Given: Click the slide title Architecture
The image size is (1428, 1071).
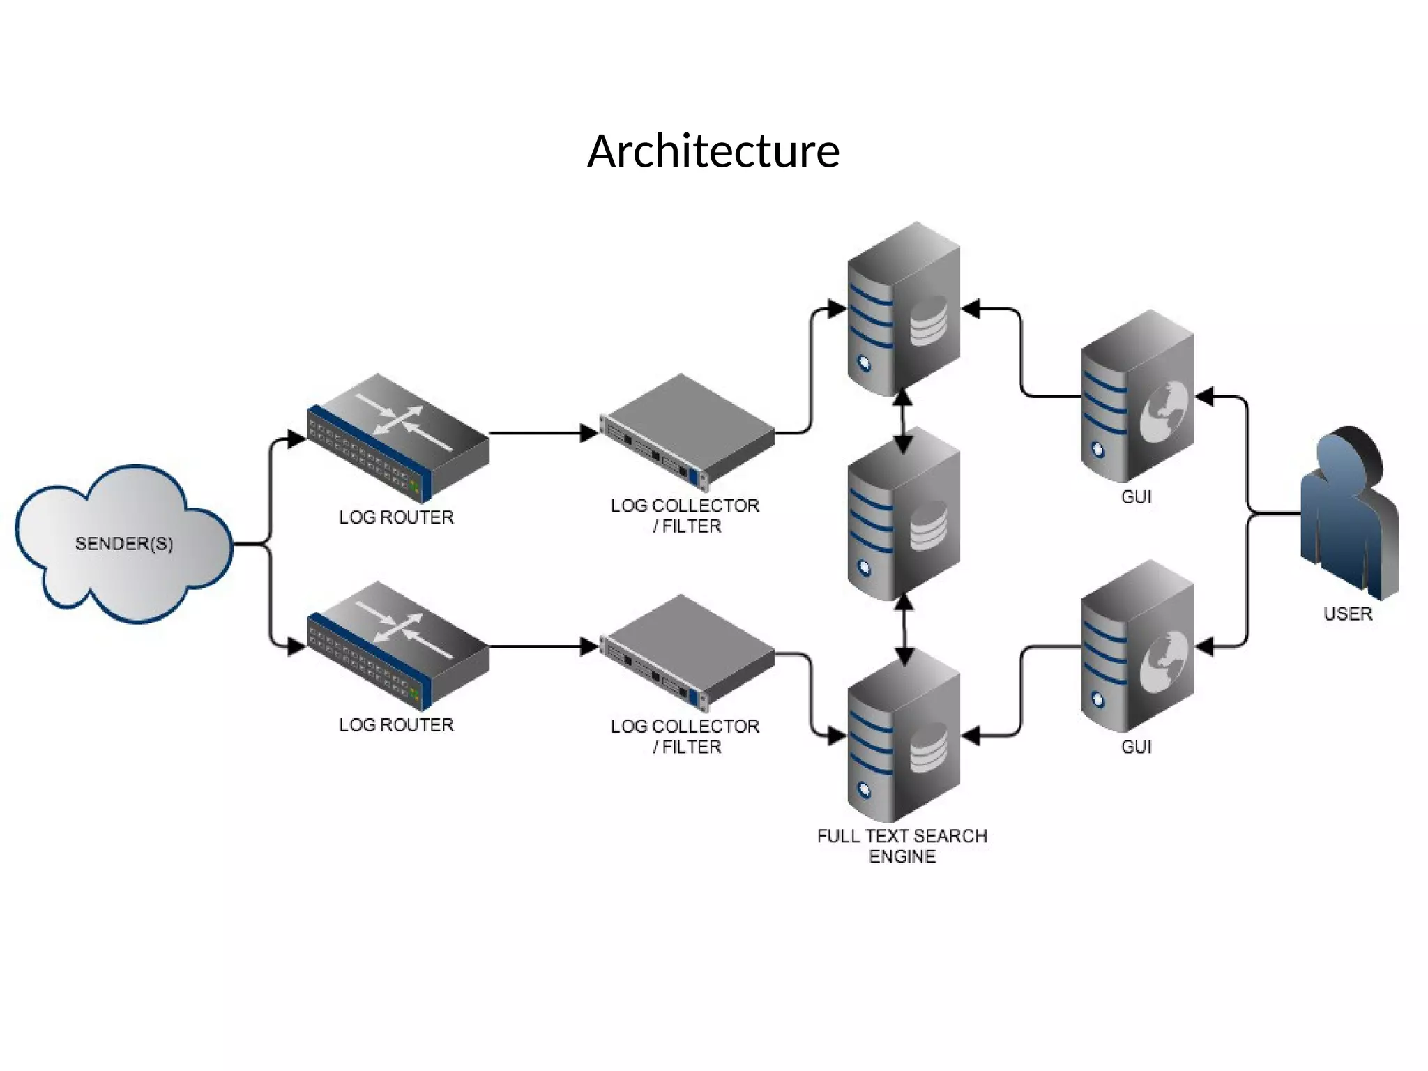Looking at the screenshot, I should pos(713,151).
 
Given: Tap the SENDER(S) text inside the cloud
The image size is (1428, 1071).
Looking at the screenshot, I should pos(124,543).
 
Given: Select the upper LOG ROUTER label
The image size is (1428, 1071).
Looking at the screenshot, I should pos(396,517).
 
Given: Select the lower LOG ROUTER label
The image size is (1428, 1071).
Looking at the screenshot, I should pos(396,725).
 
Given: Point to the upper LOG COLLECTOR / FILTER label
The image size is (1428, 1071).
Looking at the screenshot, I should pos(685,515).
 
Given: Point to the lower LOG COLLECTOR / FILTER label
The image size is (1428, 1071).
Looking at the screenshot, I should pos(685,736).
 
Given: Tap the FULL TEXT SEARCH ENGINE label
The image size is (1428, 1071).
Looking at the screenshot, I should pos(902,846).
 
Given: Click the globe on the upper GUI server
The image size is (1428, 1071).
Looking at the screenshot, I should pos(1164,411).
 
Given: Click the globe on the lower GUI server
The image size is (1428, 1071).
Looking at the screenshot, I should pos(1164,662).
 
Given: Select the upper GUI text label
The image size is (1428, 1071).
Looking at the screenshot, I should pos(1136,497).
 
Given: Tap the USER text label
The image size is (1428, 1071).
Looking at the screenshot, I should pos(1347,614).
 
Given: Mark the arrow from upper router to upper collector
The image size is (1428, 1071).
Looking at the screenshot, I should pos(544,433).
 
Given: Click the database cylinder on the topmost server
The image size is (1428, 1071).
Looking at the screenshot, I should pos(929,321).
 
